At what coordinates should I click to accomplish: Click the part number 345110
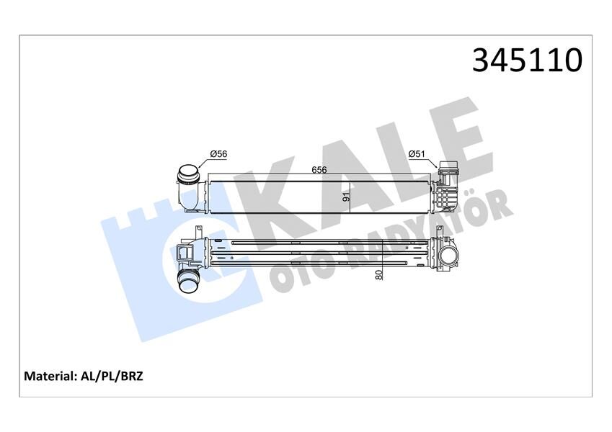click(526, 60)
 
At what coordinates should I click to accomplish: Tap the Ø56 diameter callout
click(218, 153)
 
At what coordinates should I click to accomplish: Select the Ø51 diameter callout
click(417, 153)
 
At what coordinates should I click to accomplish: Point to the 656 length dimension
click(317, 169)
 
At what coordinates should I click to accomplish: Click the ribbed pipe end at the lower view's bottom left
click(190, 280)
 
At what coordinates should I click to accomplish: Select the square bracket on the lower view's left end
click(185, 252)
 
